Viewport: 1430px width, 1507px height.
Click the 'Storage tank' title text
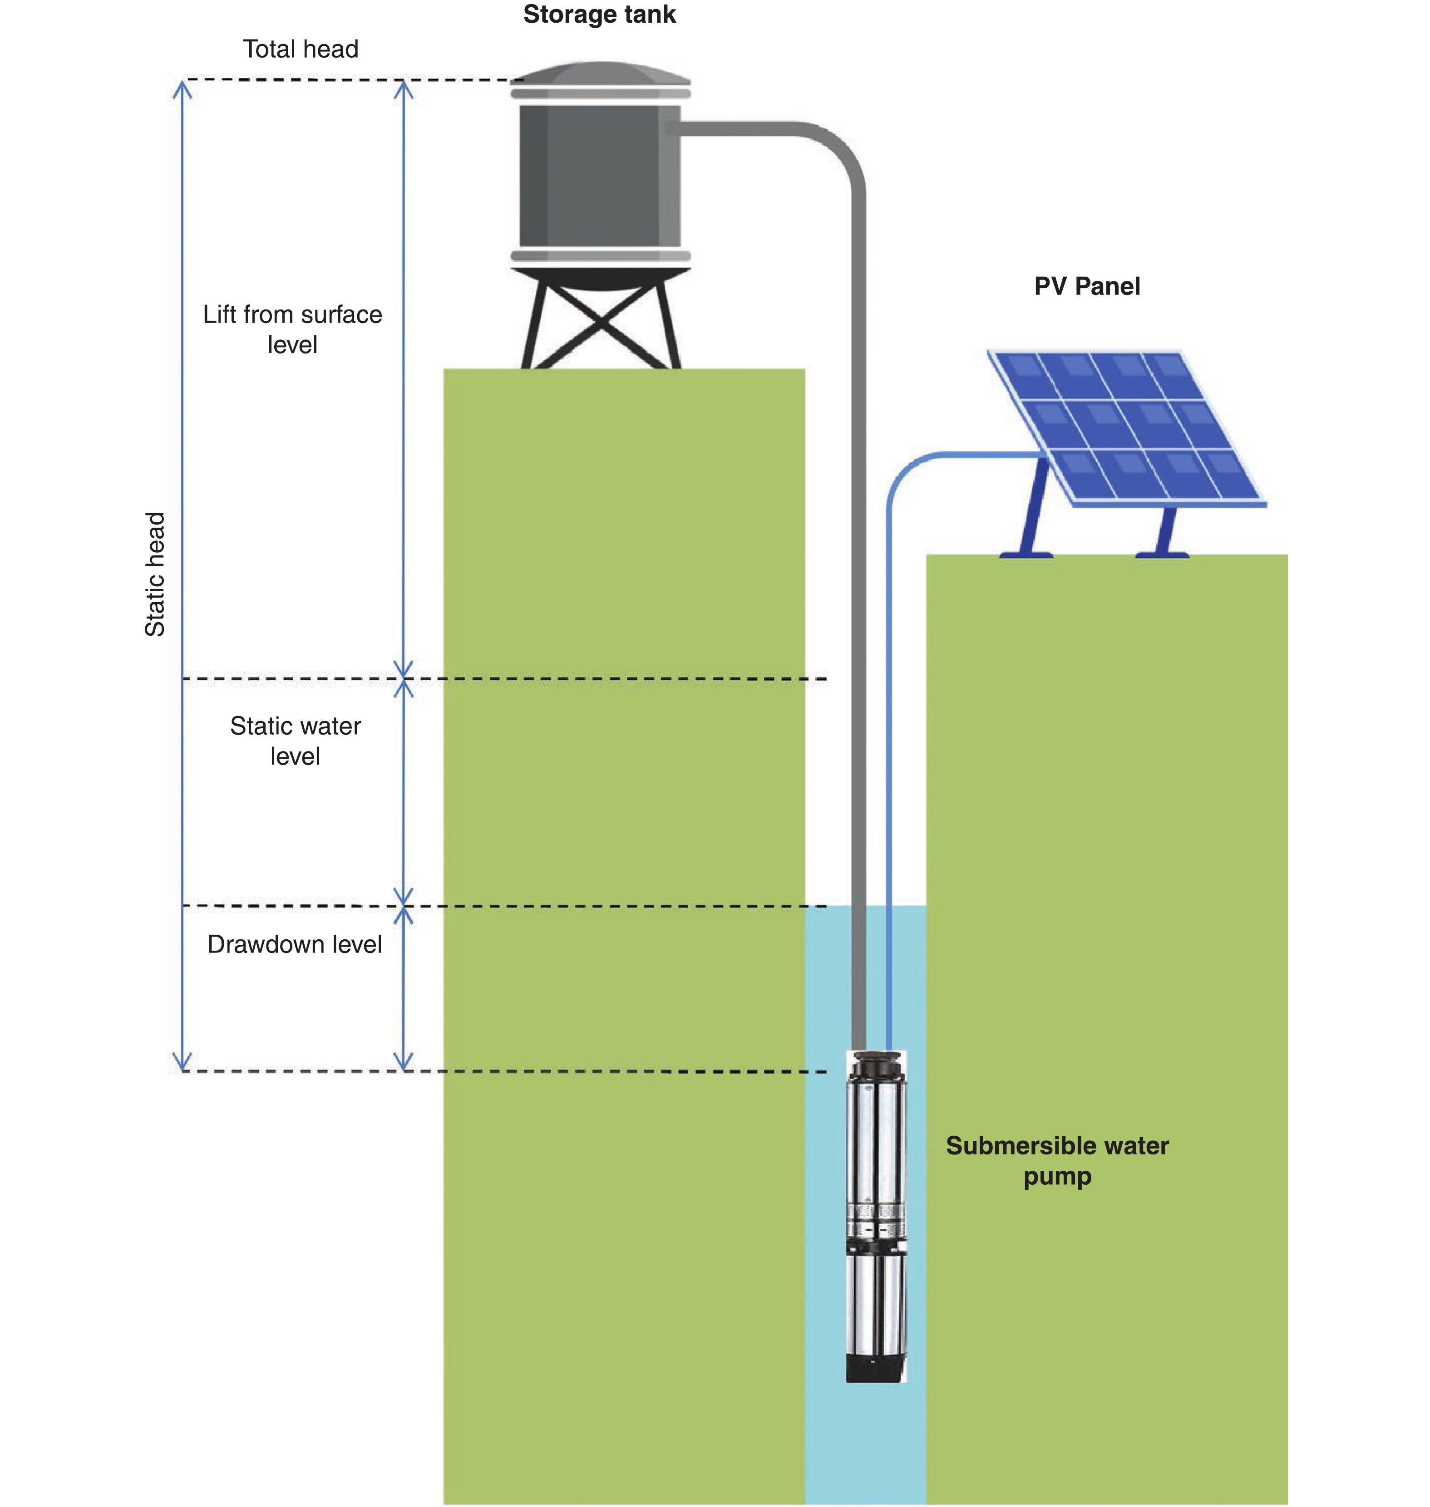pyautogui.click(x=599, y=15)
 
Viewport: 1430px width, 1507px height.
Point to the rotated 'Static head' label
pyautogui.click(x=155, y=574)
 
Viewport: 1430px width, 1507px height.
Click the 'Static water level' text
pyautogui.click(x=295, y=741)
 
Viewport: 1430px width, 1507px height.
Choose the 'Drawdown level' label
pyautogui.click(x=294, y=944)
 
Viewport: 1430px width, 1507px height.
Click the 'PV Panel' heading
pyautogui.click(x=1086, y=286)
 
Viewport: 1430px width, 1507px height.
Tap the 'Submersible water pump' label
pyautogui.click(x=1056, y=1160)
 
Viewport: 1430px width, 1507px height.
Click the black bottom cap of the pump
pyautogui.click(x=876, y=1368)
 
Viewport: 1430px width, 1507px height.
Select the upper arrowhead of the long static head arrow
pyautogui.click(x=182, y=89)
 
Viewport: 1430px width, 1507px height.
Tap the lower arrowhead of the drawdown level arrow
pyautogui.click(x=403, y=1061)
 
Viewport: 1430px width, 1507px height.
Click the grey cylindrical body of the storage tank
pyautogui.click(x=599, y=175)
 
